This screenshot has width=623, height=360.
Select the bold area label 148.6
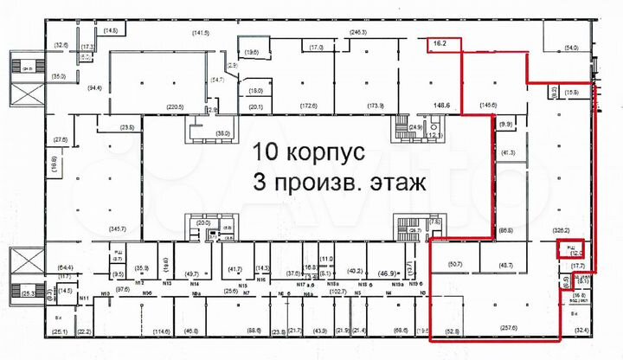click(443, 107)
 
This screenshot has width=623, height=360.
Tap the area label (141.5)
click(202, 32)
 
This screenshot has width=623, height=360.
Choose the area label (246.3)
click(359, 32)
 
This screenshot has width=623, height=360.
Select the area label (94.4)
click(93, 87)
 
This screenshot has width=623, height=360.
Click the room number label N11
click(85, 298)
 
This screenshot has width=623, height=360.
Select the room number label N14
click(195, 284)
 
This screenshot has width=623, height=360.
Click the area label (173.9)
click(376, 106)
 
